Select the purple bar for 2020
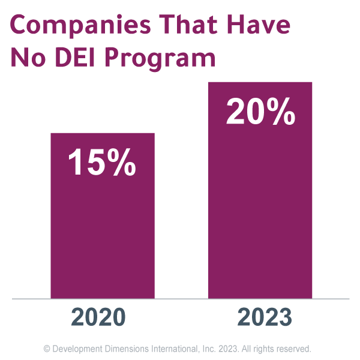click(x=103, y=240)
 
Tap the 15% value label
click(x=102, y=163)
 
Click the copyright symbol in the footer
click(x=47, y=348)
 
